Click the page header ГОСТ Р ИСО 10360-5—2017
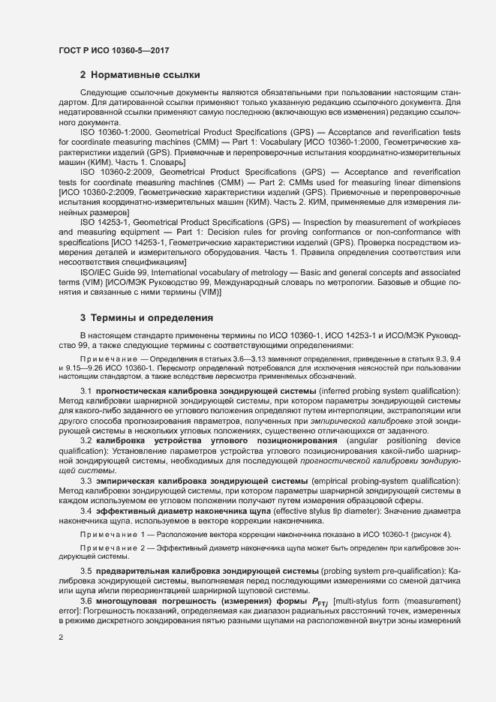(113, 49)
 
